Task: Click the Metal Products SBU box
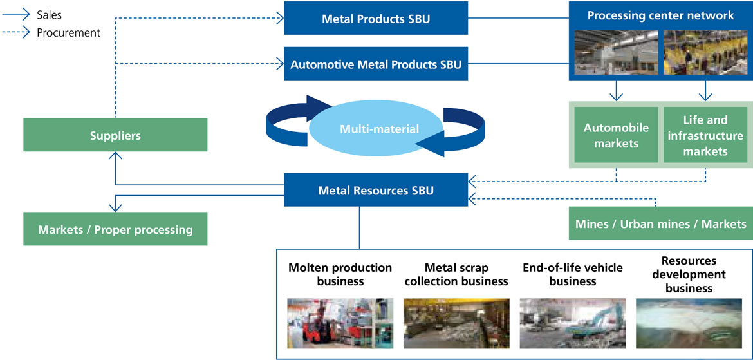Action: coord(376,19)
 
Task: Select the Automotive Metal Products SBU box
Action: coord(376,64)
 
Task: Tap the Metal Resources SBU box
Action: coord(376,190)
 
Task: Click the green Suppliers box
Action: coord(115,135)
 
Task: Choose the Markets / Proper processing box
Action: coord(115,229)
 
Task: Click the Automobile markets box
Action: coord(616,135)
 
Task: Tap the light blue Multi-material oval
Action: coord(379,129)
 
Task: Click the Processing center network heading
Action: coord(660,15)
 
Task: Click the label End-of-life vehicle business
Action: coord(572,274)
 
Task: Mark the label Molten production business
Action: coord(340,274)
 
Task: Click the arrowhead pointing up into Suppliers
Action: coord(116,156)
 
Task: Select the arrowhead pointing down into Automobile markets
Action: coord(616,97)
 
